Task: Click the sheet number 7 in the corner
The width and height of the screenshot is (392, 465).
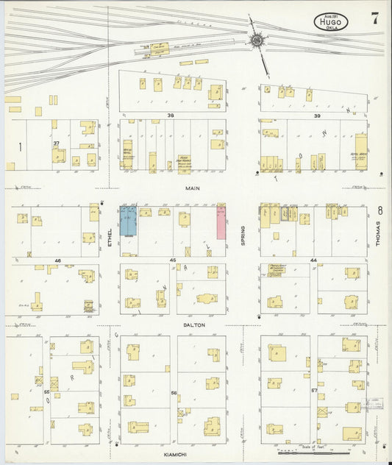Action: (375, 20)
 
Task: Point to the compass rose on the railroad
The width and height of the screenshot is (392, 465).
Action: (257, 41)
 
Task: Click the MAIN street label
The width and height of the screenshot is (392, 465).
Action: (193, 188)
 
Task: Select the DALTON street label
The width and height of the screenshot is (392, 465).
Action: (195, 324)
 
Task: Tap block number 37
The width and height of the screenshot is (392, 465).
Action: (56, 144)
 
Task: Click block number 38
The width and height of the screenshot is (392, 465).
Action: (171, 116)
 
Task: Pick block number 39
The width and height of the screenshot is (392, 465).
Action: (317, 116)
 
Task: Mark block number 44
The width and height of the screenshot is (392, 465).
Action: (313, 260)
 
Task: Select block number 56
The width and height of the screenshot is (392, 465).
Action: (174, 393)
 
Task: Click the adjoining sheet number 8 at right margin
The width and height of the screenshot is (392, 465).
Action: (379, 210)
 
